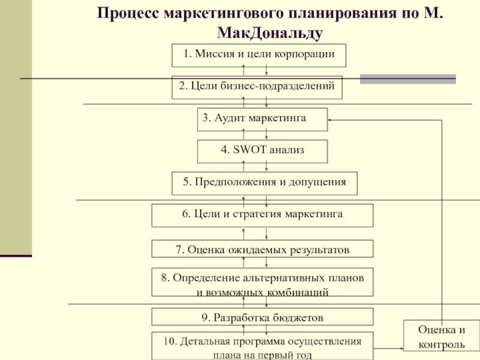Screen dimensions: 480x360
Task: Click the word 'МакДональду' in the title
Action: (x=269, y=33)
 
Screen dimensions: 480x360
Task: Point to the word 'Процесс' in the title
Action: (x=128, y=13)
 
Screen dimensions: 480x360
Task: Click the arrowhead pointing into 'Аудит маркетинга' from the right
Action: (x=329, y=120)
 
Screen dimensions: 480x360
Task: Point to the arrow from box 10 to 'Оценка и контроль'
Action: (x=388, y=349)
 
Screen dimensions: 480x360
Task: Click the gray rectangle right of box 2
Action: (x=408, y=79)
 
